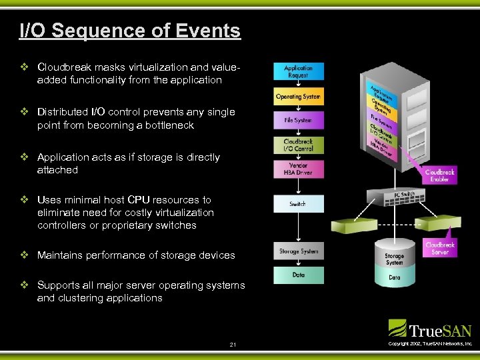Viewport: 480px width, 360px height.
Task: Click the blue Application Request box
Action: [x=298, y=71]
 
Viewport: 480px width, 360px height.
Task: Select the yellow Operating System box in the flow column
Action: [x=298, y=97]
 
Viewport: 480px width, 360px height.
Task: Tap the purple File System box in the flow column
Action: [x=298, y=121]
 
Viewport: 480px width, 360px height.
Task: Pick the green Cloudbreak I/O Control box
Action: [x=298, y=145]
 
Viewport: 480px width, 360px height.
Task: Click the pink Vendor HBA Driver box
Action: [x=298, y=169]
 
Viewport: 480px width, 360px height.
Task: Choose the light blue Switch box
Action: [x=298, y=203]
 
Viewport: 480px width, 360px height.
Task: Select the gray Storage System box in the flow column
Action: [x=298, y=251]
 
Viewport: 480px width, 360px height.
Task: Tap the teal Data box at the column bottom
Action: [x=298, y=275]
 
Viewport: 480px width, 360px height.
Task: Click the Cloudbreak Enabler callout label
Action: [x=440, y=175]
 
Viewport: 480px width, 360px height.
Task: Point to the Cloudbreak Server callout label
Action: [x=440, y=248]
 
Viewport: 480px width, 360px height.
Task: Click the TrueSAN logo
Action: [x=430, y=329]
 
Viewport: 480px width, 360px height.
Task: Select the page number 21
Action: [x=233, y=344]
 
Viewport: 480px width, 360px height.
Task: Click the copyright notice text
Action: [x=429, y=343]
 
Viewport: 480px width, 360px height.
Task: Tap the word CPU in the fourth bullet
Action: [x=139, y=200]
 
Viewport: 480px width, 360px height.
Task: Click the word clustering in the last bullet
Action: [x=77, y=298]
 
